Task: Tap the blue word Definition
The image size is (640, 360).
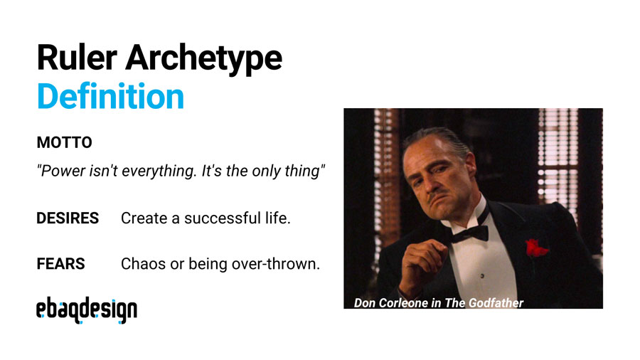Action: [x=110, y=96]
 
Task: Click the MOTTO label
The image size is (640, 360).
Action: [x=64, y=143]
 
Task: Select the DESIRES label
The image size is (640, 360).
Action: [x=68, y=218]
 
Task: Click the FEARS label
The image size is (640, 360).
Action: [x=60, y=264]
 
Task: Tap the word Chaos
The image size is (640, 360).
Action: [x=143, y=264]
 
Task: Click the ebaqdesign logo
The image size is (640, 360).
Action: [x=87, y=310]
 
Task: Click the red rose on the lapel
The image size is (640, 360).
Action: [x=537, y=248]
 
